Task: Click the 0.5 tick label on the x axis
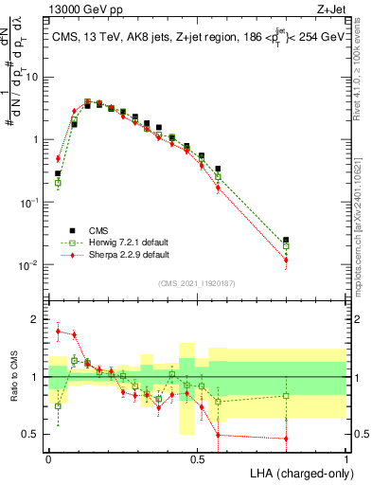[197, 457]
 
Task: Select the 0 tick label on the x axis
[48, 457]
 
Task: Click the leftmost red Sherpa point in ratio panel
[58, 332]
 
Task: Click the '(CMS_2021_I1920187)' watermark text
[197, 282]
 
